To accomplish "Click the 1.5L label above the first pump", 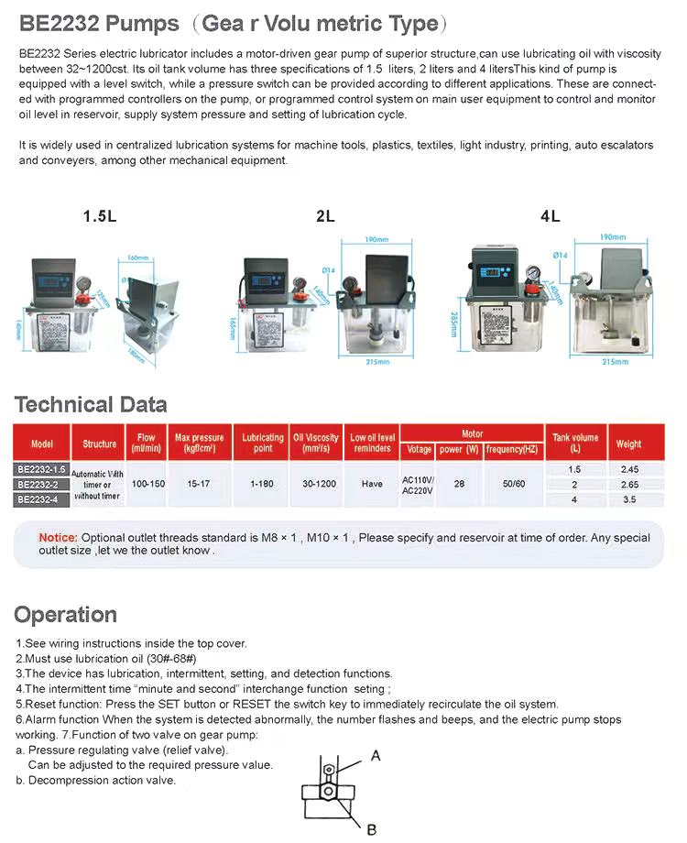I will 100,217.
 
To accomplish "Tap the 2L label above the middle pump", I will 325,217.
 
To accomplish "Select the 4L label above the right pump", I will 550,217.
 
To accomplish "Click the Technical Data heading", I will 91,404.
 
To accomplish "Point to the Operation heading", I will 66,614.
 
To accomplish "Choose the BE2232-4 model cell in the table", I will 42,499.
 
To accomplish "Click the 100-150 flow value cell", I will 148,483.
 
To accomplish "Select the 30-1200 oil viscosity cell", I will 316,483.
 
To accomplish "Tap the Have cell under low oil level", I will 372,483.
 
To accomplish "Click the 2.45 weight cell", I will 629,469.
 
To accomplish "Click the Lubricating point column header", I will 263,443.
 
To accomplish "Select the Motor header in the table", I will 472,433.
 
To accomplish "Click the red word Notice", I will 58,537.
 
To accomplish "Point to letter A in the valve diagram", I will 376,755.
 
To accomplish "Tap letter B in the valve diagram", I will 371,829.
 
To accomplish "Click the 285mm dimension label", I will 453,323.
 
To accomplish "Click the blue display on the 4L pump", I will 493,272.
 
